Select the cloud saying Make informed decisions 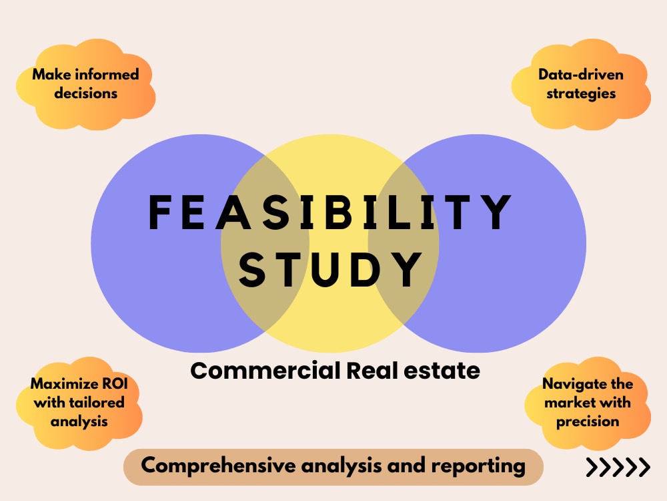coord(85,84)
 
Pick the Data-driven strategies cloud coord(581,84)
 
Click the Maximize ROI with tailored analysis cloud coord(79,402)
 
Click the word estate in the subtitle coord(446,370)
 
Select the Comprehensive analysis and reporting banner coord(333,466)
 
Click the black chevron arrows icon coord(618,468)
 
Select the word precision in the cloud coord(588,422)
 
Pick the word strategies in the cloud coord(581,94)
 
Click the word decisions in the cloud coord(85,94)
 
